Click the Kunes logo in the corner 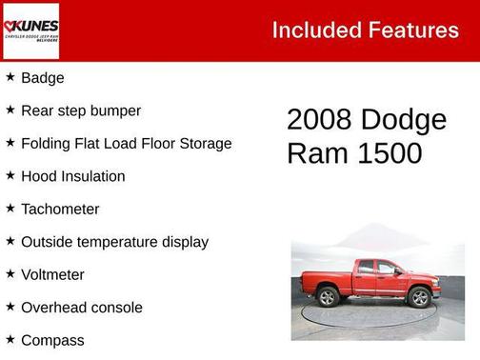30,30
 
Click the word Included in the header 312,30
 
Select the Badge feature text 43,78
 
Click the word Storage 204,144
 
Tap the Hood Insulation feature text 72,176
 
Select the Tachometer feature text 60,210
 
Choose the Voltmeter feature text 52,275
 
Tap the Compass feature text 52,341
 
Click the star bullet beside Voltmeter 10,274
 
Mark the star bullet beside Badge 10,77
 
